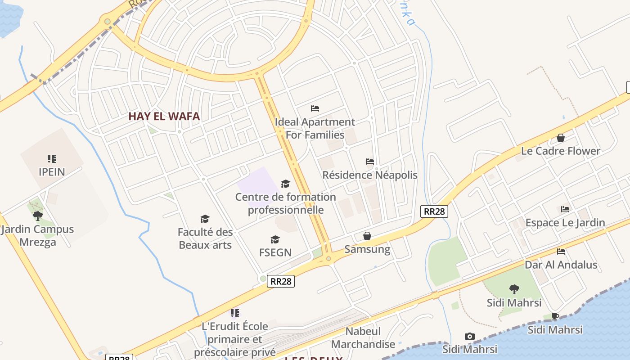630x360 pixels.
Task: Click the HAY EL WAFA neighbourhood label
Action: pos(164,116)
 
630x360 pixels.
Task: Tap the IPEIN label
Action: pos(52,172)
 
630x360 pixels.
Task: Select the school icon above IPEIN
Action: pos(52,159)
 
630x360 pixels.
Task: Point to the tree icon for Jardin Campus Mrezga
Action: pos(38,216)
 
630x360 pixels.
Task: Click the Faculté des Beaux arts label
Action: pos(205,238)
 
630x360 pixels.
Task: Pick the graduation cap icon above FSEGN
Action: pos(275,239)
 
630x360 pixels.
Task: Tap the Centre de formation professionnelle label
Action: pos(286,203)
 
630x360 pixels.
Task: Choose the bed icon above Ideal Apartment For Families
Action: pos(315,108)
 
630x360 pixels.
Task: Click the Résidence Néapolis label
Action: pos(370,175)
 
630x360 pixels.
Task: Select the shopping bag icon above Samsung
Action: pos(367,236)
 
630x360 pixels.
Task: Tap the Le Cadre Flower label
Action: pos(560,151)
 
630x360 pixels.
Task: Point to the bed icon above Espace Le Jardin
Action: pos(565,209)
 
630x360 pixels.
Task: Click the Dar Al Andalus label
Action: pos(561,265)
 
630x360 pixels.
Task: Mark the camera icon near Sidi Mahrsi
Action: pos(470,337)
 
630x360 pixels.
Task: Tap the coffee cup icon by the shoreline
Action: pos(555,316)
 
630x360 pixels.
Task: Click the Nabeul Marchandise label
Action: pos(363,338)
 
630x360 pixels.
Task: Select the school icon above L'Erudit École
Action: pos(234,313)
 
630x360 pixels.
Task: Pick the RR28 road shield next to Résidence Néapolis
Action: pos(434,211)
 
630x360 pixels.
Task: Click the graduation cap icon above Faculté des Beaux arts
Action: pos(205,219)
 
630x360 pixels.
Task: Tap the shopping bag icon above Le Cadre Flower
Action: pos(561,138)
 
